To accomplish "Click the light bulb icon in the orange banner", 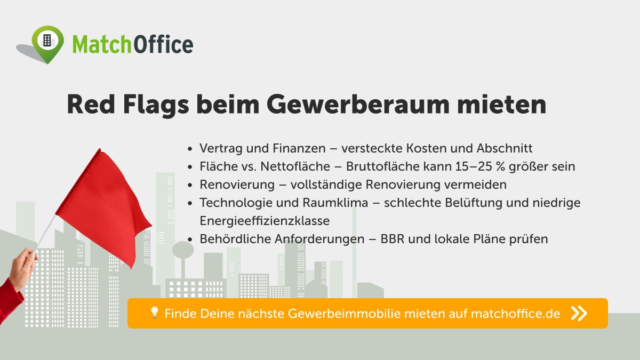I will click(x=155, y=313).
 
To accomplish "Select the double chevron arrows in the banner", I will click(x=579, y=313).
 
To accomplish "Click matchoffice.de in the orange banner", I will click(x=515, y=314).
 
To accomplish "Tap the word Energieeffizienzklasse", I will click(x=265, y=221).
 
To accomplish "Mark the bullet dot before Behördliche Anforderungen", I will click(x=191, y=239).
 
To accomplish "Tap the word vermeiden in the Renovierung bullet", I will click(x=478, y=185).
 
